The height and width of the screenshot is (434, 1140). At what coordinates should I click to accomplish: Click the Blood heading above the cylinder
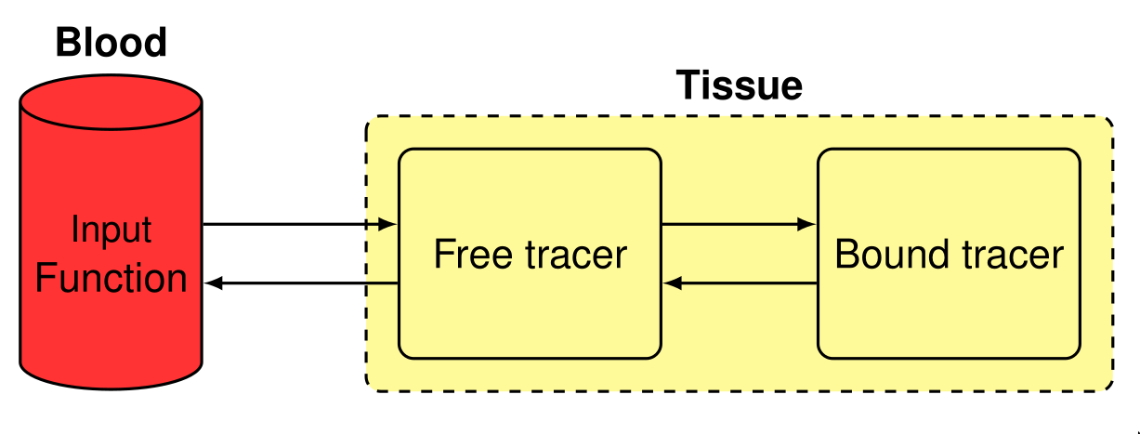click(x=111, y=43)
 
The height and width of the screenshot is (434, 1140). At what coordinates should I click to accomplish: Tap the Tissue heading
click(x=739, y=85)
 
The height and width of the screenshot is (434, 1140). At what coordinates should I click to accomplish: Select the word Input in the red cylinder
click(x=111, y=230)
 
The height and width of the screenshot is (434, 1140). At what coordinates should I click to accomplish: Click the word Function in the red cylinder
click(x=111, y=279)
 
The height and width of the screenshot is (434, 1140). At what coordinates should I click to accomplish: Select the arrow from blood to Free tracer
click(x=297, y=224)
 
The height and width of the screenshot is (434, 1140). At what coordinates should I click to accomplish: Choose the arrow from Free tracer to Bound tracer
click(x=739, y=224)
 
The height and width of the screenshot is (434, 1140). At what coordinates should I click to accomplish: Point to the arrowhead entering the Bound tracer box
click(x=808, y=224)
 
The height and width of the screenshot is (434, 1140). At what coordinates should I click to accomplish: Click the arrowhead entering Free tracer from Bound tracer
click(x=671, y=283)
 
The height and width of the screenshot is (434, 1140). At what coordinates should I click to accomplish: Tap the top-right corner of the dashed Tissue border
click(x=1107, y=122)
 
